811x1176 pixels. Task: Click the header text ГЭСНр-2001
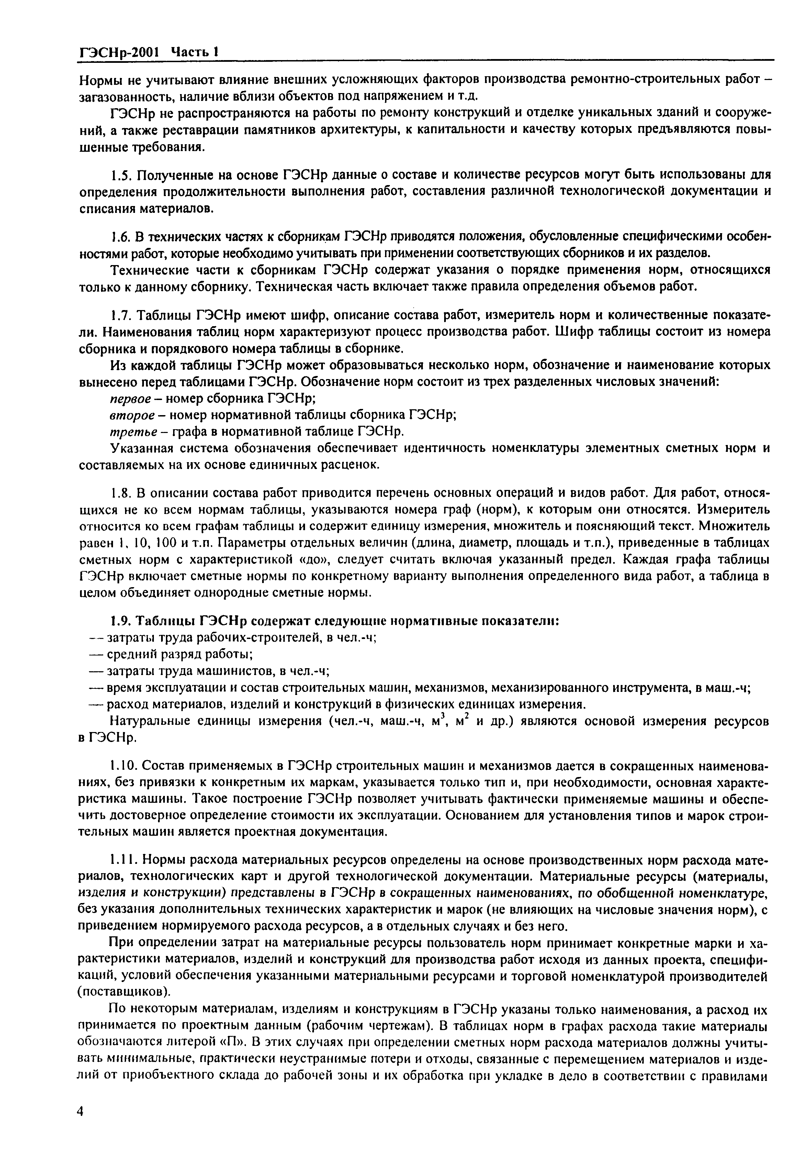[119, 52]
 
